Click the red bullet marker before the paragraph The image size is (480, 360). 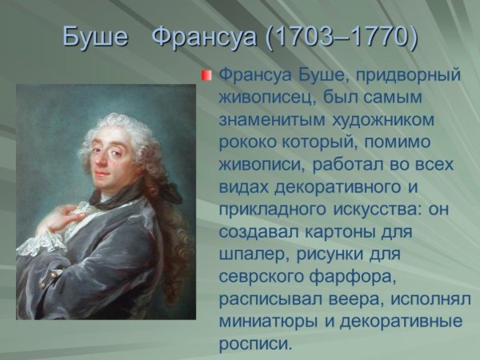pyautogui.click(x=206, y=76)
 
